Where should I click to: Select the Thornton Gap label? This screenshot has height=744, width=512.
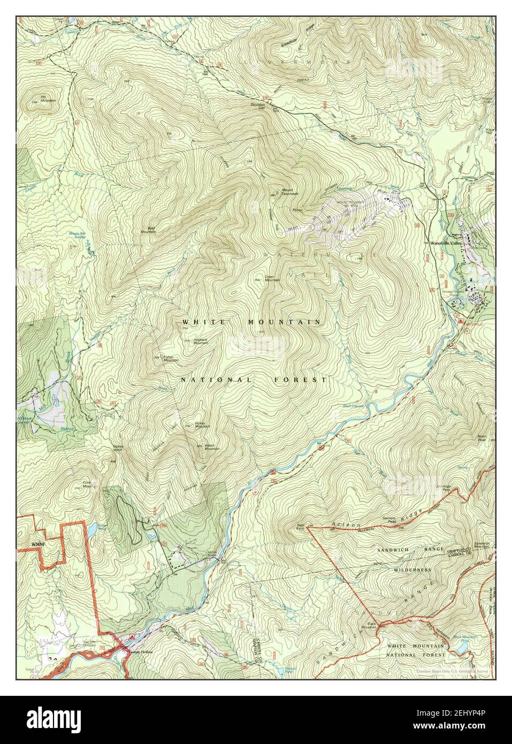click(258, 107)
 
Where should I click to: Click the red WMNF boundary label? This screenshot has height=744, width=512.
click(33, 544)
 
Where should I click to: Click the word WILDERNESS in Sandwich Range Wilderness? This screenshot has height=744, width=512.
click(410, 570)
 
